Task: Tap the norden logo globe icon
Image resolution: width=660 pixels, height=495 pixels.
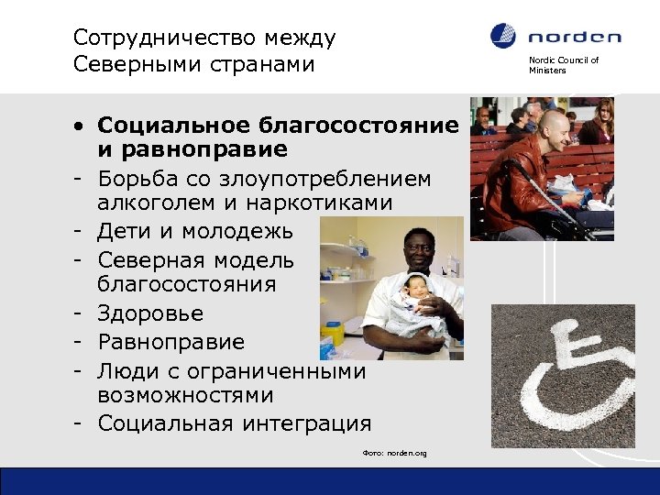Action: (x=504, y=37)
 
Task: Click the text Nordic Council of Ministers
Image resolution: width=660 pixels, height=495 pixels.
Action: (x=563, y=65)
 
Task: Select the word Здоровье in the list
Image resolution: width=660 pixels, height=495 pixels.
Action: (x=150, y=313)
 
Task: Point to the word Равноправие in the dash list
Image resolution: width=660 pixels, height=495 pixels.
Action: (x=171, y=342)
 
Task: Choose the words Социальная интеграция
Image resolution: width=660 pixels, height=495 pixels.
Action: (x=235, y=423)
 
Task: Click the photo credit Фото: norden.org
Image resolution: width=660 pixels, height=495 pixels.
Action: (x=394, y=454)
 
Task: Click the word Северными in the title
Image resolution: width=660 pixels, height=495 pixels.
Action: (x=127, y=67)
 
